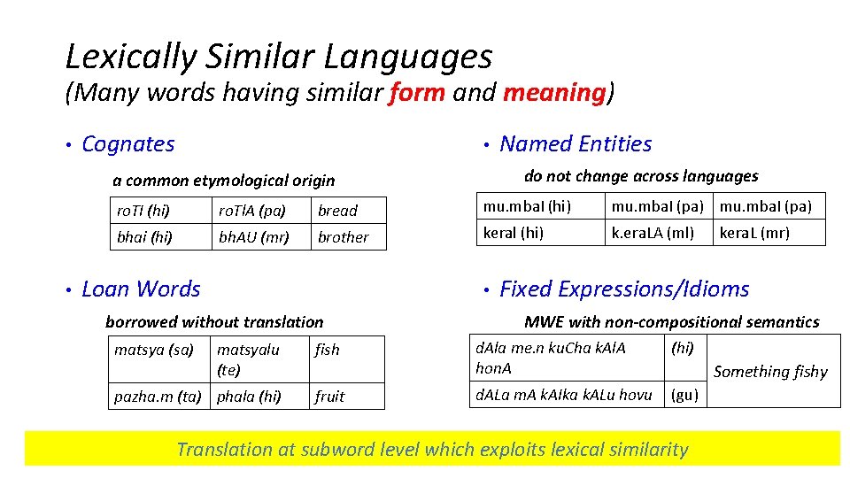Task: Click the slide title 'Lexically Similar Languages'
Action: [x=279, y=57]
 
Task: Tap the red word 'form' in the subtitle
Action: [x=416, y=92]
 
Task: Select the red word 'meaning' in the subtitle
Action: [x=553, y=92]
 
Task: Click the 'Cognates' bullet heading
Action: [x=128, y=144]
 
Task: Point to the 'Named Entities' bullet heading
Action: [x=576, y=144]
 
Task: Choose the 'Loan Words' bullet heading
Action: [x=141, y=289]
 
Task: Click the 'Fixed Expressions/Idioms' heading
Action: [x=624, y=289]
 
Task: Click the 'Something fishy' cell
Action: [x=770, y=372]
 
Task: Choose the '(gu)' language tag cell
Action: [x=685, y=395]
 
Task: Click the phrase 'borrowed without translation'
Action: [x=214, y=322]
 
